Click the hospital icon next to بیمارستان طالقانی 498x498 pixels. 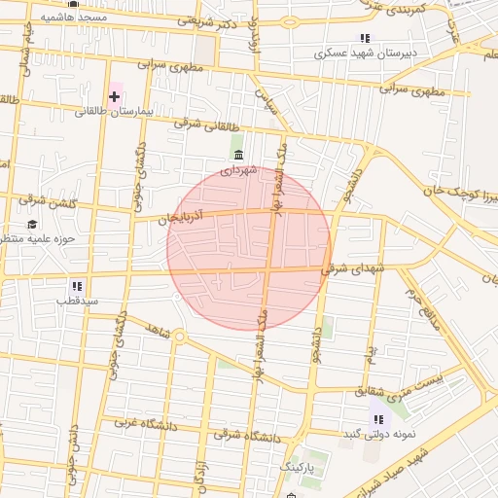click(115, 95)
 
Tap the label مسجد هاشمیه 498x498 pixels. click(74, 18)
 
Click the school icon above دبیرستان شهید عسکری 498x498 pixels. click(365, 38)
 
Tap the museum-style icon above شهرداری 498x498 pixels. click(238, 154)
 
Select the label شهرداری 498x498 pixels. click(238, 170)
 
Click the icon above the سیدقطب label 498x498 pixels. click(76, 286)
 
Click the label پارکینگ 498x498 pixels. click(300, 468)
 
